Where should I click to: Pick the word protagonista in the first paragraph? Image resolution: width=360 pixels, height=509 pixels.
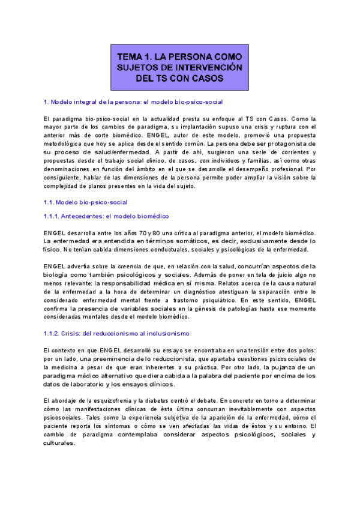pyautogui.click(x=287, y=145)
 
